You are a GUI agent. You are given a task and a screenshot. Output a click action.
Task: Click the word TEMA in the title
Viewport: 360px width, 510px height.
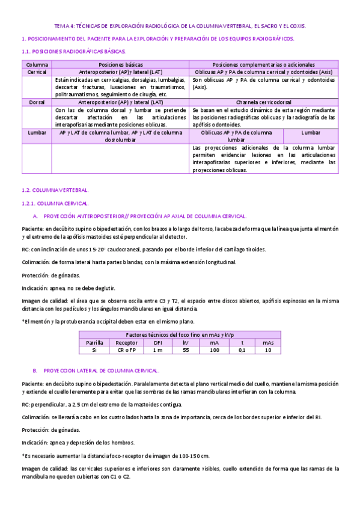click(x=62, y=26)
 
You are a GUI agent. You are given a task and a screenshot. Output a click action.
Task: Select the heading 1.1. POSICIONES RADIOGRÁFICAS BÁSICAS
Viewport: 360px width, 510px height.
click(x=73, y=52)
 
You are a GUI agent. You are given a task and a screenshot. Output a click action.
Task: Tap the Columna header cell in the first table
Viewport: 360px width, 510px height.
click(x=37, y=64)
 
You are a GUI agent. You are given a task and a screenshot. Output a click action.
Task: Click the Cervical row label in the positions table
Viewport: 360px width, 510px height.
click(x=37, y=72)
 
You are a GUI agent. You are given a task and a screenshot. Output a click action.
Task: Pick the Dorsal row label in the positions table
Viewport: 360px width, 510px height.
click(x=37, y=102)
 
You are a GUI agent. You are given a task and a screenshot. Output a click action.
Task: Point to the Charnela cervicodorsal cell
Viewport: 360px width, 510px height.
click(x=264, y=102)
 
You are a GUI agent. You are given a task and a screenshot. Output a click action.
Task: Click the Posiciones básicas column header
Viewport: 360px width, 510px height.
click(x=121, y=64)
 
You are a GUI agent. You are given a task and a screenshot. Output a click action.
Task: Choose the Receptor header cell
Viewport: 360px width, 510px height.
click(x=126, y=342)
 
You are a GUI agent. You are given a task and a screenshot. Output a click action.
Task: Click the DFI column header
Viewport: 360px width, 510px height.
click(x=157, y=342)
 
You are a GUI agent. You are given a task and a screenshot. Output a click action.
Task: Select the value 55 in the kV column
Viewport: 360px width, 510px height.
click(x=186, y=349)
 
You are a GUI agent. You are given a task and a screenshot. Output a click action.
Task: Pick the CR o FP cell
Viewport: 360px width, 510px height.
click(x=126, y=349)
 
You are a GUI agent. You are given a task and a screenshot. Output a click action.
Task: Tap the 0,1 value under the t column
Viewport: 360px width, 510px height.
click(x=242, y=349)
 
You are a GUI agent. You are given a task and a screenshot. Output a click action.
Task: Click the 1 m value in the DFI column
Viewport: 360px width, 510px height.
click(x=157, y=349)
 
